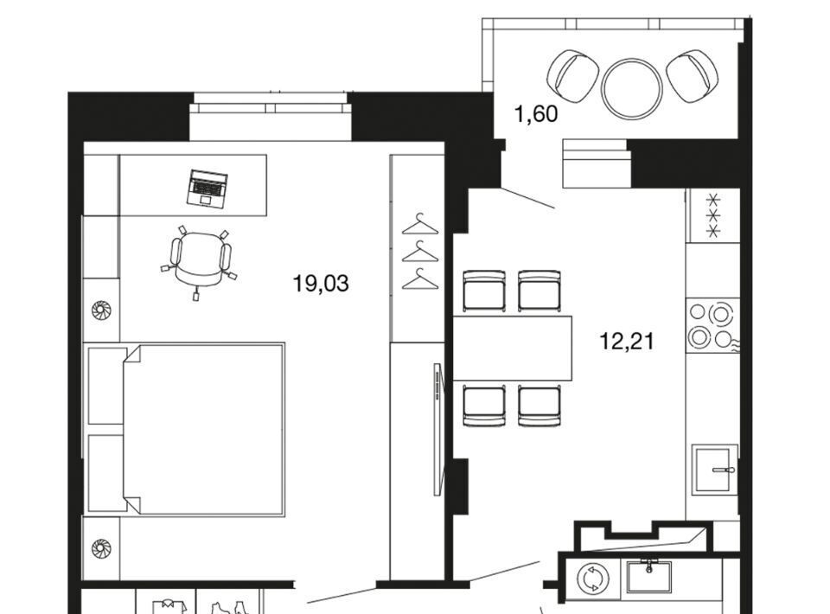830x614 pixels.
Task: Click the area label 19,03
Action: click(321, 284)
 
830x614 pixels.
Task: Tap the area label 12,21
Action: click(627, 341)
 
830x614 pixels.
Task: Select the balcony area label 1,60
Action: click(536, 114)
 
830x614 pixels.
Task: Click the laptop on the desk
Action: click(207, 189)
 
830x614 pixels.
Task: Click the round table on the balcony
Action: click(632, 88)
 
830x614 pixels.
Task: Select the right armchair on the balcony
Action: click(693, 76)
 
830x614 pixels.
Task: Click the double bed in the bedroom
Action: click(203, 429)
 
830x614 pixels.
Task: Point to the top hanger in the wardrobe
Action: click(421, 224)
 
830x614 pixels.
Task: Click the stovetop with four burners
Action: click(712, 326)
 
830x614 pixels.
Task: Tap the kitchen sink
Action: click(714, 469)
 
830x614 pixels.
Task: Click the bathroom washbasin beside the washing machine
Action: click(649, 577)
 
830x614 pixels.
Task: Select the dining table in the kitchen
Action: click(513, 349)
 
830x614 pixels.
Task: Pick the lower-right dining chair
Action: click(539, 406)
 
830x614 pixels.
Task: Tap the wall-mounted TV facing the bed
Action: click(437, 429)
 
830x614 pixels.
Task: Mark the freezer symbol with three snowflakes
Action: click(713, 215)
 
